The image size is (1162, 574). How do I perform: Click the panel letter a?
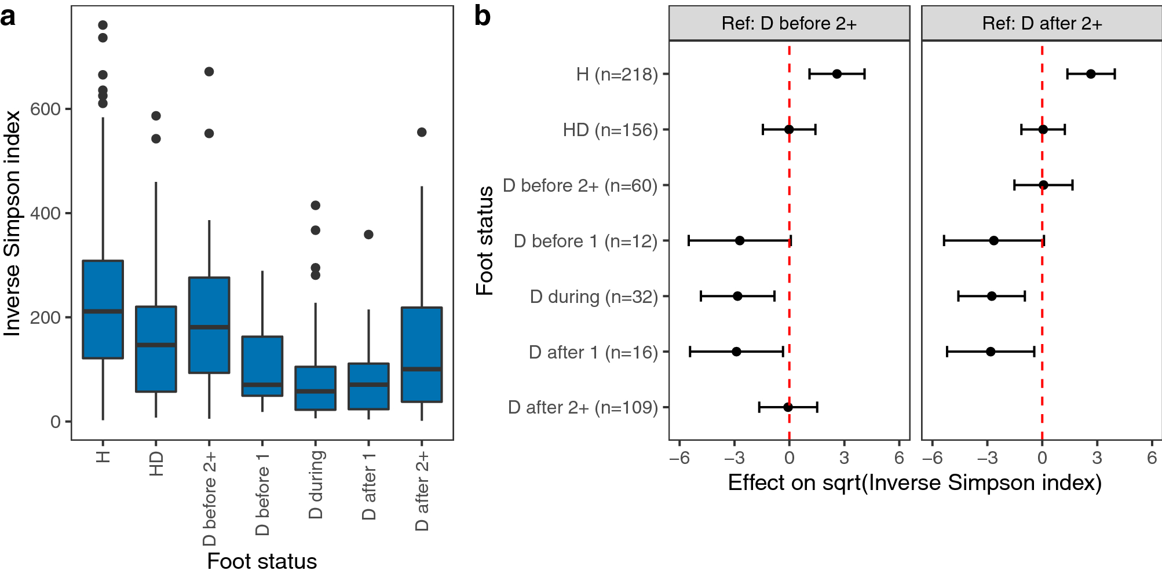[x=8, y=17]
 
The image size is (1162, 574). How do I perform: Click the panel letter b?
[x=482, y=16]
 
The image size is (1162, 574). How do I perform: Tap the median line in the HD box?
[x=156, y=345]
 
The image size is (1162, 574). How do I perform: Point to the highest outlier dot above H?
[x=103, y=25]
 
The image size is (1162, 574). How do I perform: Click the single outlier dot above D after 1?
[x=368, y=235]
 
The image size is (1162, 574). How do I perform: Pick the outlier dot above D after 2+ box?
[x=422, y=132]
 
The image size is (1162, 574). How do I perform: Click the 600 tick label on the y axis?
[x=45, y=109]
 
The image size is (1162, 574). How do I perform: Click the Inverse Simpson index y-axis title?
[x=13, y=223]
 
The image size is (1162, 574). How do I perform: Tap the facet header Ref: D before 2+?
[x=789, y=24]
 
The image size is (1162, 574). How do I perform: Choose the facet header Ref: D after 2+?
[x=1042, y=24]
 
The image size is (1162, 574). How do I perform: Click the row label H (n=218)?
[x=617, y=74]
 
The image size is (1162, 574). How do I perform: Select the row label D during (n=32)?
[x=594, y=297]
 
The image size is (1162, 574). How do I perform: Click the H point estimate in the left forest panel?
[x=837, y=74]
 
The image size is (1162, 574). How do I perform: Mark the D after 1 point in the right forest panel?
[x=991, y=352]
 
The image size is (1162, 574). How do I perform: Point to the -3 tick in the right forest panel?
[x=986, y=458]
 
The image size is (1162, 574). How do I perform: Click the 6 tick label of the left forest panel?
[x=899, y=458]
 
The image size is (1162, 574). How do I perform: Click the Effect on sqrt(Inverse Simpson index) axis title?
[x=915, y=482]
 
